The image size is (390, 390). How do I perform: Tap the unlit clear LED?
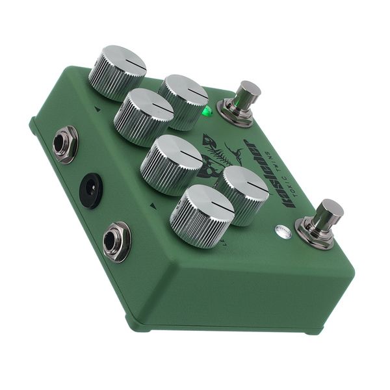click(281, 230)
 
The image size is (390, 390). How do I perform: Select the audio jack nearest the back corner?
click(65, 144)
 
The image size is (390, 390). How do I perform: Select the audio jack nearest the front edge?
click(116, 241)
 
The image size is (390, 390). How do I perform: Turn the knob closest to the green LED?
click(184, 101)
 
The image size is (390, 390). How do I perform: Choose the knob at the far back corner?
click(117, 71)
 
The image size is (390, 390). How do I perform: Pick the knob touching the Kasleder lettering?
click(242, 194)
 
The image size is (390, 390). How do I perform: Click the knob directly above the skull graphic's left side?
click(172, 164)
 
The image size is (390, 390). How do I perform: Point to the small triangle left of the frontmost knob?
click(153, 206)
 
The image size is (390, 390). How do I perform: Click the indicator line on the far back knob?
click(135, 62)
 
